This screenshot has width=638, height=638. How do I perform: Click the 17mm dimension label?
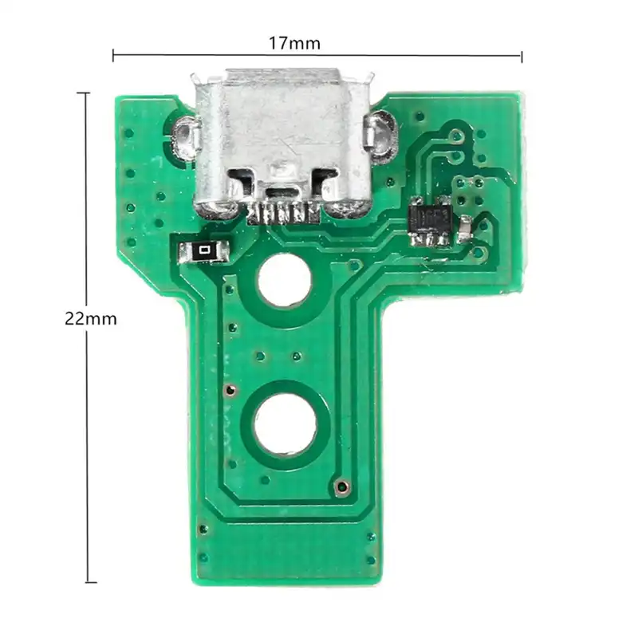[x=294, y=43]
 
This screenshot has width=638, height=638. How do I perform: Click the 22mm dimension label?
[x=90, y=319]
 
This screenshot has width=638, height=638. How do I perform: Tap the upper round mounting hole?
[x=285, y=280]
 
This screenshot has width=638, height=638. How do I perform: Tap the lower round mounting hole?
[x=286, y=424]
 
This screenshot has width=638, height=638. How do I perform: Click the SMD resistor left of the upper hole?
[x=203, y=252]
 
